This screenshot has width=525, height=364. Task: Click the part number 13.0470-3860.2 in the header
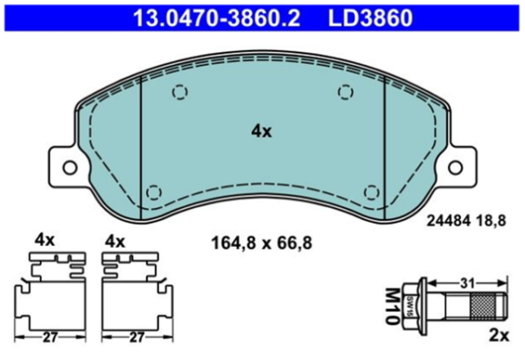tap(217, 18)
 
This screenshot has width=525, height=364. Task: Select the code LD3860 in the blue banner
tap(370, 18)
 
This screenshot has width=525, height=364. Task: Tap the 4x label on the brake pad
tap(262, 131)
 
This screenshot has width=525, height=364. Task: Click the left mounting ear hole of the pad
tap(70, 167)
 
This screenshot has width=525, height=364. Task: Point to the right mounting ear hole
tap(455, 167)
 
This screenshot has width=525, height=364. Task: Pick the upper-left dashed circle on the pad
tap(179, 92)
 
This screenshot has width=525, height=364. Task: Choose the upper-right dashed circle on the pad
tap(346, 92)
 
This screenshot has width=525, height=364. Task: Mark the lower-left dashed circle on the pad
tap(154, 192)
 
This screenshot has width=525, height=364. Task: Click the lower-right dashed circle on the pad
tap(371, 192)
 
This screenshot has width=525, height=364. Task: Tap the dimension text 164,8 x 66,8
tap(262, 242)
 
